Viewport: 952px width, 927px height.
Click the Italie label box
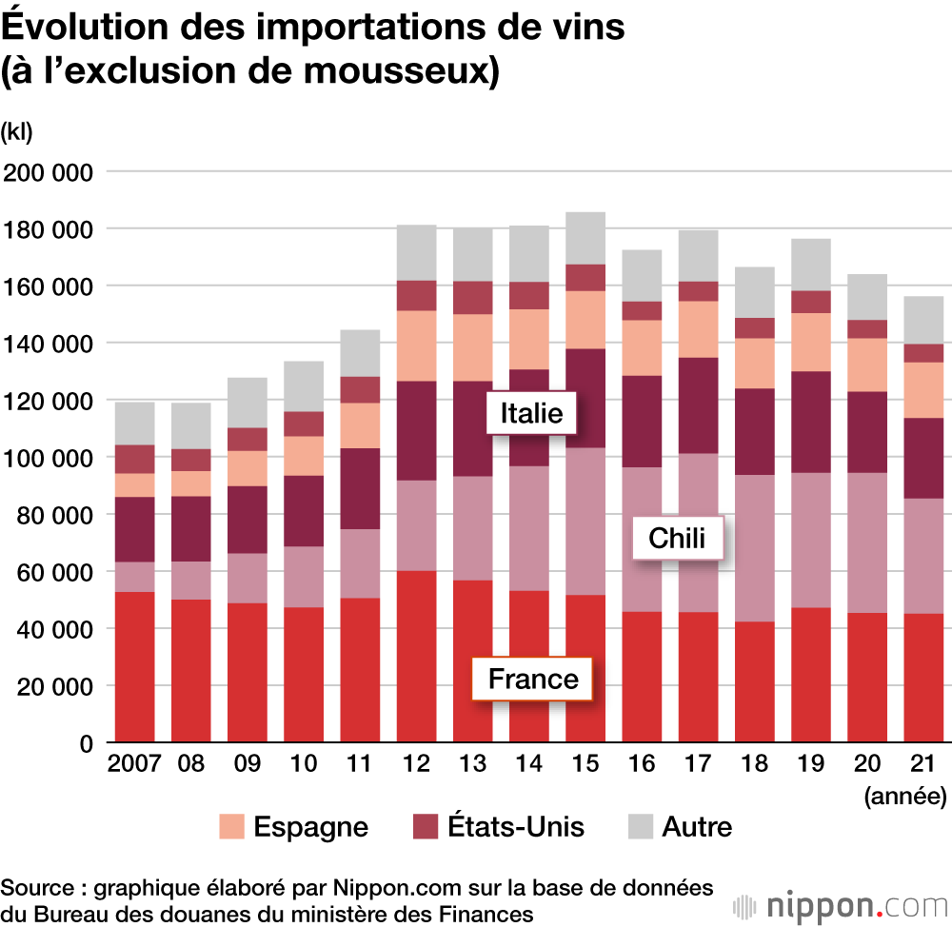coord(531,414)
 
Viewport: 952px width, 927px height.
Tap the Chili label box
coord(677,539)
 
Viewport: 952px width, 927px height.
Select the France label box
coord(533,680)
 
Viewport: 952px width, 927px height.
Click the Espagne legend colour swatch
coord(231,826)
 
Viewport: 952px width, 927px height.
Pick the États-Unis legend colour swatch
coord(426,826)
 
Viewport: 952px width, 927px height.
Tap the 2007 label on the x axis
coord(134,764)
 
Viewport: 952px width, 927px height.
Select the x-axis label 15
coord(585,764)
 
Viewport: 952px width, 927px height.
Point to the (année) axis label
coord(904,795)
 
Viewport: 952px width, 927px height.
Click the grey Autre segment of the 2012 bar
coord(416,252)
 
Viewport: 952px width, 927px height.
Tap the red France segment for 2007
coord(134,666)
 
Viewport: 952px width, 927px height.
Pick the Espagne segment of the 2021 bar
coord(923,389)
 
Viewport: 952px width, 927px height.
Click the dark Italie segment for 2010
coord(303,510)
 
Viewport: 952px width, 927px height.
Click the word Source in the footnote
coord(37,888)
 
